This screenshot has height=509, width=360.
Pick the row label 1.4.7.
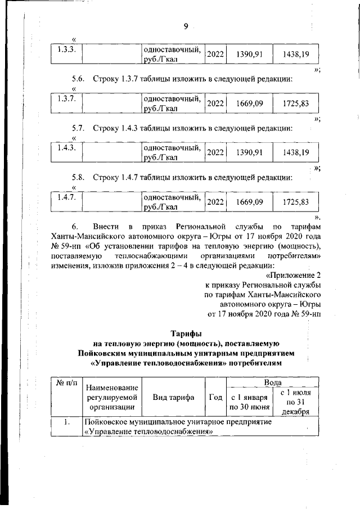[66, 197]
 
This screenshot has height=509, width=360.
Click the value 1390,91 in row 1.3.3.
[249, 55]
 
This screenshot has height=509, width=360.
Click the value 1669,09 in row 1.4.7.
[249, 202]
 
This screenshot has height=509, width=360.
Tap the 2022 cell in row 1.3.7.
[215, 104]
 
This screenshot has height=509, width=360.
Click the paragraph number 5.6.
[78, 79]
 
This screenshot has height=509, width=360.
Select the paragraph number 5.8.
[78, 178]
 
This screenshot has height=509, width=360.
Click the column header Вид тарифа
[174, 398]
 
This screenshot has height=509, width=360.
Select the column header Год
[215, 398]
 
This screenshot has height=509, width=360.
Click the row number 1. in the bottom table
[66, 422]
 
